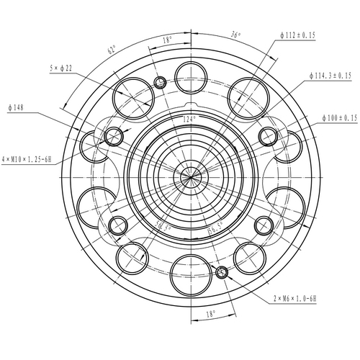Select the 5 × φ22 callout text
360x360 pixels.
62,68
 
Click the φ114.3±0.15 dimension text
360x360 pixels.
329,75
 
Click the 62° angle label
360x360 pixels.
112,50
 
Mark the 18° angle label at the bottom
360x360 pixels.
210,314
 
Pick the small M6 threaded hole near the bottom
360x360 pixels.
222,272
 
